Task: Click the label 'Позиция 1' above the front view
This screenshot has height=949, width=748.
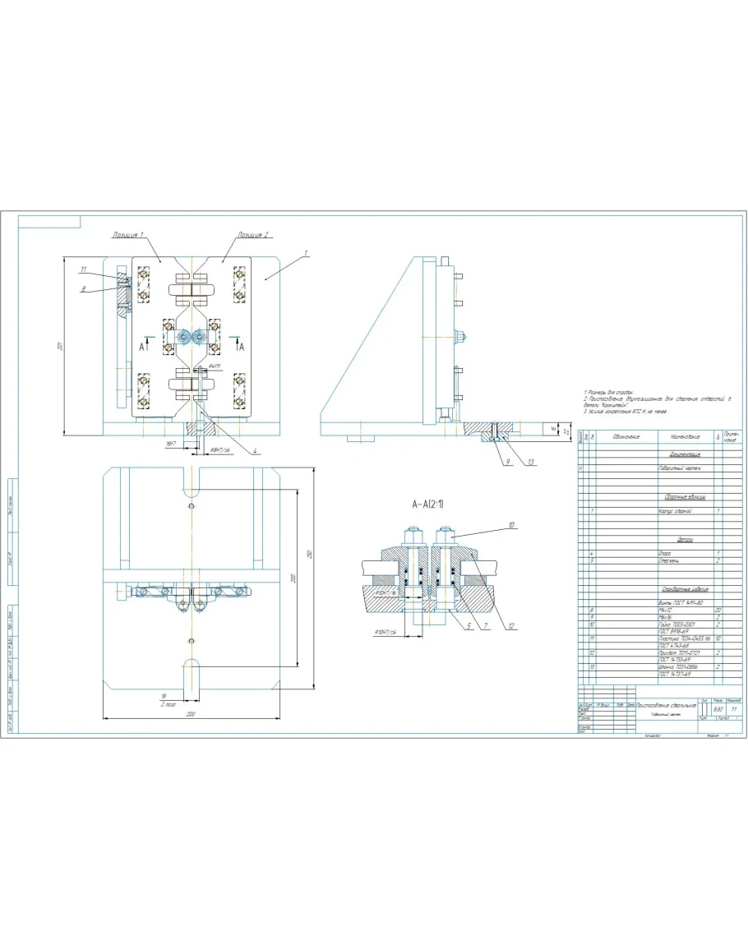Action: click(x=128, y=235)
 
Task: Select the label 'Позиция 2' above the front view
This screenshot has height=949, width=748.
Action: click(x=254, y=235)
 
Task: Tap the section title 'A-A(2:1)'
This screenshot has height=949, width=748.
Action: click(x=433, y=503)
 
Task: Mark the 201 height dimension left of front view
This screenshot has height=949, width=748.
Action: click(x=61, y=348)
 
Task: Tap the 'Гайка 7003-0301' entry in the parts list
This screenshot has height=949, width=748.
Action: click(x=677, y=624)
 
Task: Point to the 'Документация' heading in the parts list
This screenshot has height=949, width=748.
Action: click(x=684, y=454)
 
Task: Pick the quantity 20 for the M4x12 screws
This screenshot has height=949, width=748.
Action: click(x=718, y=610)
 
